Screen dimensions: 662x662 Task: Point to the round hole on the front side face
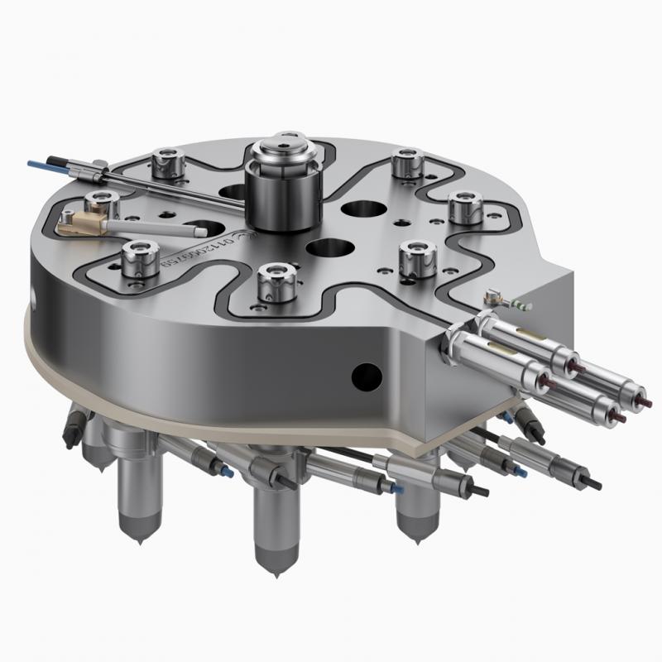tap(362, 375)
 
